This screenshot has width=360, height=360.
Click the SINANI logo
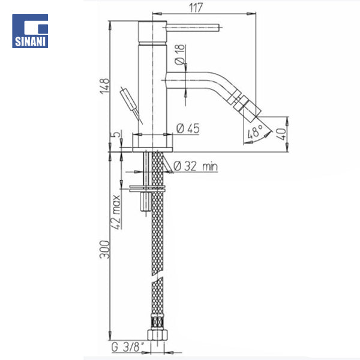click(30, 31)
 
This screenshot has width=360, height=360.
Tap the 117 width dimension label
click(196, 8)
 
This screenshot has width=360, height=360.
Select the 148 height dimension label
click(104, 86)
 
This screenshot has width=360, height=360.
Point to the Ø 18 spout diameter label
click(179, 55)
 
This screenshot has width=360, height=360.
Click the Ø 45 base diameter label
click(188, 128)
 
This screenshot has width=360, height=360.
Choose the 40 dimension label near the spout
click(281, 134)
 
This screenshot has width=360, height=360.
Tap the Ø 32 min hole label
click(196, 166)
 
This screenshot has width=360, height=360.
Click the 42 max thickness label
click(116, 212)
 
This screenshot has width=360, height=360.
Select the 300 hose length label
click(104, 250)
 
